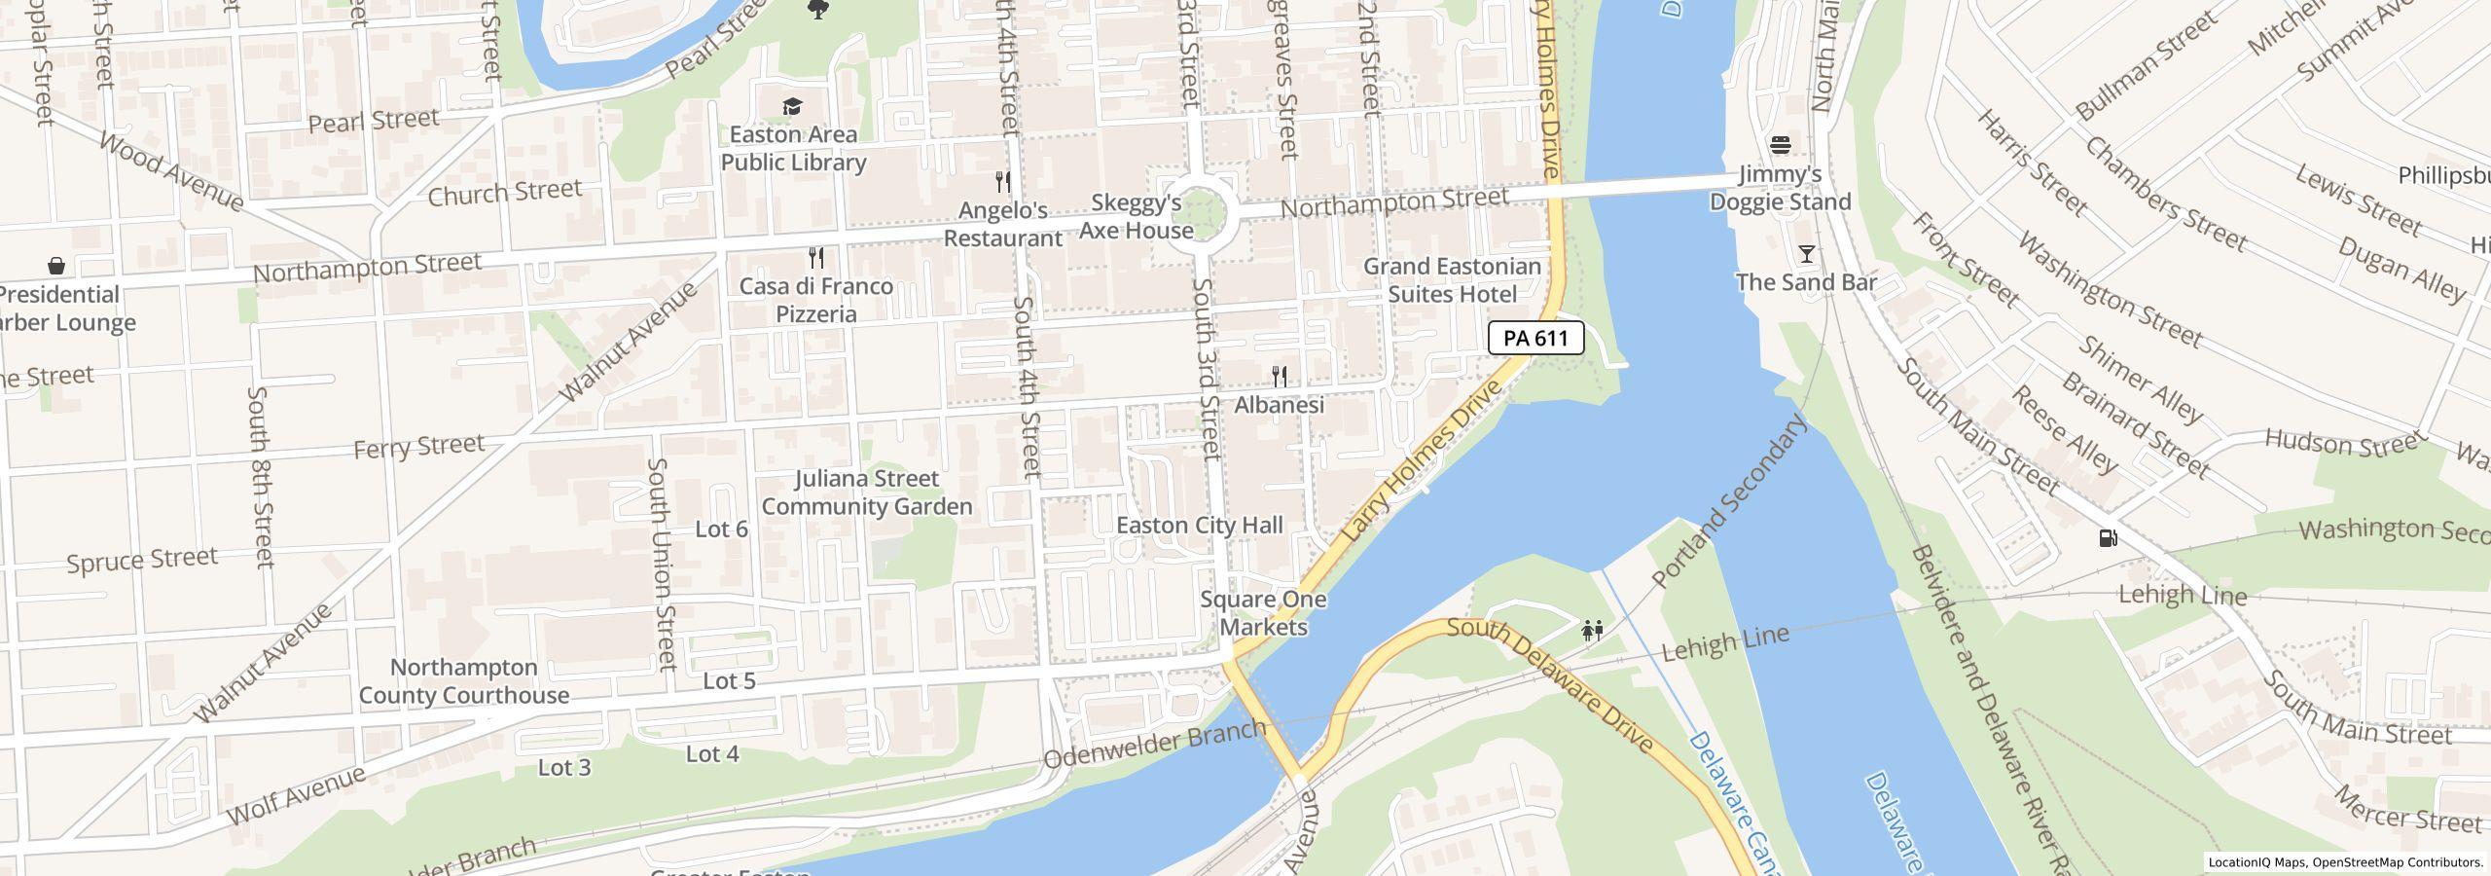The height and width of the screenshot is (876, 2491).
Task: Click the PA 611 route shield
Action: click(1535, 338)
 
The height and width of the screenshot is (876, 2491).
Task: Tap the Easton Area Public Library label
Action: click(793, 149)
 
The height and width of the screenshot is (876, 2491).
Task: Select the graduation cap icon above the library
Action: click(793, 106)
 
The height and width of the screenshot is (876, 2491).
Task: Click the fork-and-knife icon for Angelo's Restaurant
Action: click(1003, 181)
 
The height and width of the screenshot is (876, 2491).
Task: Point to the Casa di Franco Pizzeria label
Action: click(815, 300)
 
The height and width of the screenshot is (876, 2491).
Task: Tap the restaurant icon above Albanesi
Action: click(1280, 376)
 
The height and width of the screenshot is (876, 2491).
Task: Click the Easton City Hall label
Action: click(1199, 526)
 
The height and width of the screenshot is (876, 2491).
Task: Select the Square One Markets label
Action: click(1263, 613)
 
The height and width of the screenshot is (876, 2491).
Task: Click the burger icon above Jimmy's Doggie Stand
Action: click(1781, 145)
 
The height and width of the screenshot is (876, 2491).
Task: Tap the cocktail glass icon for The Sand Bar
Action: click(1807, 254)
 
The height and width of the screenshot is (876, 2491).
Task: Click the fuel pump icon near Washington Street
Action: click(2108, 537)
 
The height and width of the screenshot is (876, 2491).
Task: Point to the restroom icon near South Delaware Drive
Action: click(1592, 631)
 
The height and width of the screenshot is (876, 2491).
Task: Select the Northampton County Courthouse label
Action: click(463, 681)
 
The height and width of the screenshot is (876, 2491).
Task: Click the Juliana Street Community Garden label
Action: click(866, 493)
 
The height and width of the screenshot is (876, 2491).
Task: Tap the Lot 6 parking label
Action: click(721, 529)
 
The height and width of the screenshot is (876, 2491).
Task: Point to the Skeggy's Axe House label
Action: click(1136, 217)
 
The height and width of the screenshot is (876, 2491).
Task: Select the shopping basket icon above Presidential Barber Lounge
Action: click(56, 266)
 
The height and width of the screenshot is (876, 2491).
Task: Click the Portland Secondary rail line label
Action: click(1729, 502)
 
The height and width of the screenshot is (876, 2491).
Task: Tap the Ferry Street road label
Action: click(418, 447)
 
